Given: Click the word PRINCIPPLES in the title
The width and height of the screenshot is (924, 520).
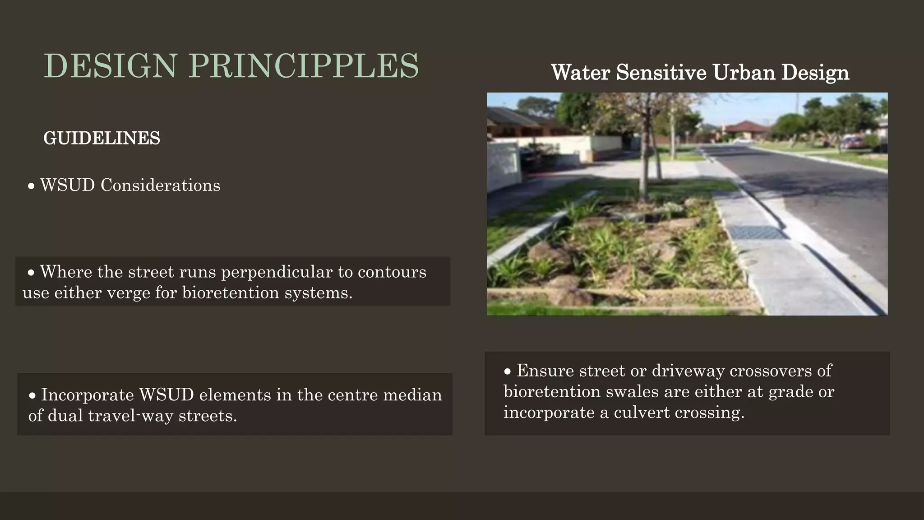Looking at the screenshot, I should point(304,66).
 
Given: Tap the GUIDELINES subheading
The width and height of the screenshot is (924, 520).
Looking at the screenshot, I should point(102,138).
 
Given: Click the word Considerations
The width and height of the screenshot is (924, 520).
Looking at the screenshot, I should point(160,185).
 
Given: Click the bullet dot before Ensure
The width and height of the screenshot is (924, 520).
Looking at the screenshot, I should point(508,371).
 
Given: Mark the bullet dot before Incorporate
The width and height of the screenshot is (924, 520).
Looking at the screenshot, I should point(32,396).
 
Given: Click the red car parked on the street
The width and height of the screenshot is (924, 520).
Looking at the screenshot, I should point(852,142).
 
